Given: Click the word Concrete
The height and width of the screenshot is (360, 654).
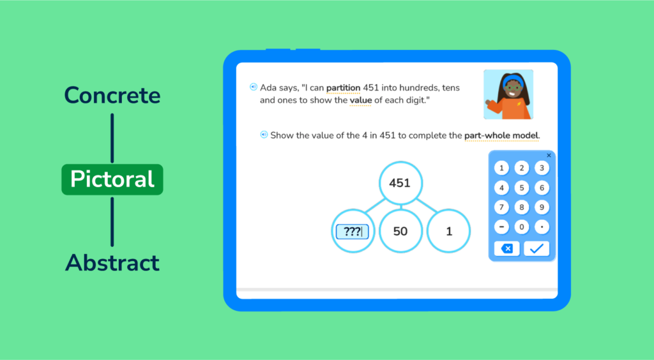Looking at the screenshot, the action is point(112,95).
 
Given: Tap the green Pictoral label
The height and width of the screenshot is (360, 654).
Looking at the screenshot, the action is point(112,179).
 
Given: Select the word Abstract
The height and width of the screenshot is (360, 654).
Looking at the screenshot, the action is point(112,263).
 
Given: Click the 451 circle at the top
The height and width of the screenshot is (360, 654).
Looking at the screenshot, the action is point(400,183).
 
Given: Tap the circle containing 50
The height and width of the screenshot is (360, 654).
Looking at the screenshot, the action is point(400,231).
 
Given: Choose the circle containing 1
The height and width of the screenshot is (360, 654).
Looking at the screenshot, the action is point(449,231).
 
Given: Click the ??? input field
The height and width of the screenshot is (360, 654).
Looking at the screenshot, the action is point(353,232).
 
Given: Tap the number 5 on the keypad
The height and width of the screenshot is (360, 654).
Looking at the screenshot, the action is point(521,188).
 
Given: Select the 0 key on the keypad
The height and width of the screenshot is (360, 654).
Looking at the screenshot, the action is point(521,227).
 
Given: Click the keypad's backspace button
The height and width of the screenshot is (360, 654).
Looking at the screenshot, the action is point(506,249).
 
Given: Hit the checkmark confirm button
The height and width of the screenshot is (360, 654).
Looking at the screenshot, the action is point(536,249).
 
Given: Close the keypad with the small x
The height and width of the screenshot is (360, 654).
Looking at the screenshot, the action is point(549,155).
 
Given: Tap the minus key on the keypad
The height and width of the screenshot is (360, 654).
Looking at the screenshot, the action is point(501,227).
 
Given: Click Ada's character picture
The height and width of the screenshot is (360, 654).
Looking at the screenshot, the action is point(508,94).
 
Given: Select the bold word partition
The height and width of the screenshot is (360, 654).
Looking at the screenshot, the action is point(343,88).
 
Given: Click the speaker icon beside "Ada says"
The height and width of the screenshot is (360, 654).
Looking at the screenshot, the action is point(254,87).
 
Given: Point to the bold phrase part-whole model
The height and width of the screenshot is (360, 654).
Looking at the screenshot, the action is point(501,135).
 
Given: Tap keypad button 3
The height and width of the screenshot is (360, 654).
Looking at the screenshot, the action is point(542,168).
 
